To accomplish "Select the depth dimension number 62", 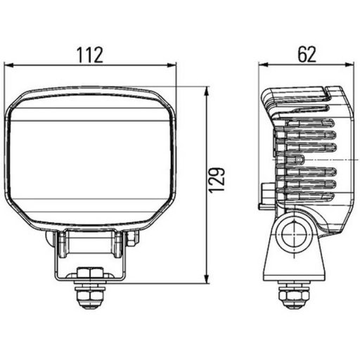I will pos(307,54).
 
